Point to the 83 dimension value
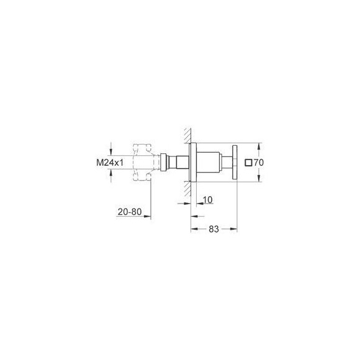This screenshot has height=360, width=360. [x=214, y=229]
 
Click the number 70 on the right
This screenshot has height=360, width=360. [x=259, y=163]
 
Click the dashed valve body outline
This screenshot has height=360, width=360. [x=143, y=163]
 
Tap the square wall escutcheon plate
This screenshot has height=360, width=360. [x=194, y=163]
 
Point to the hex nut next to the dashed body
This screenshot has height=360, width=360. [x=163, y=163]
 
